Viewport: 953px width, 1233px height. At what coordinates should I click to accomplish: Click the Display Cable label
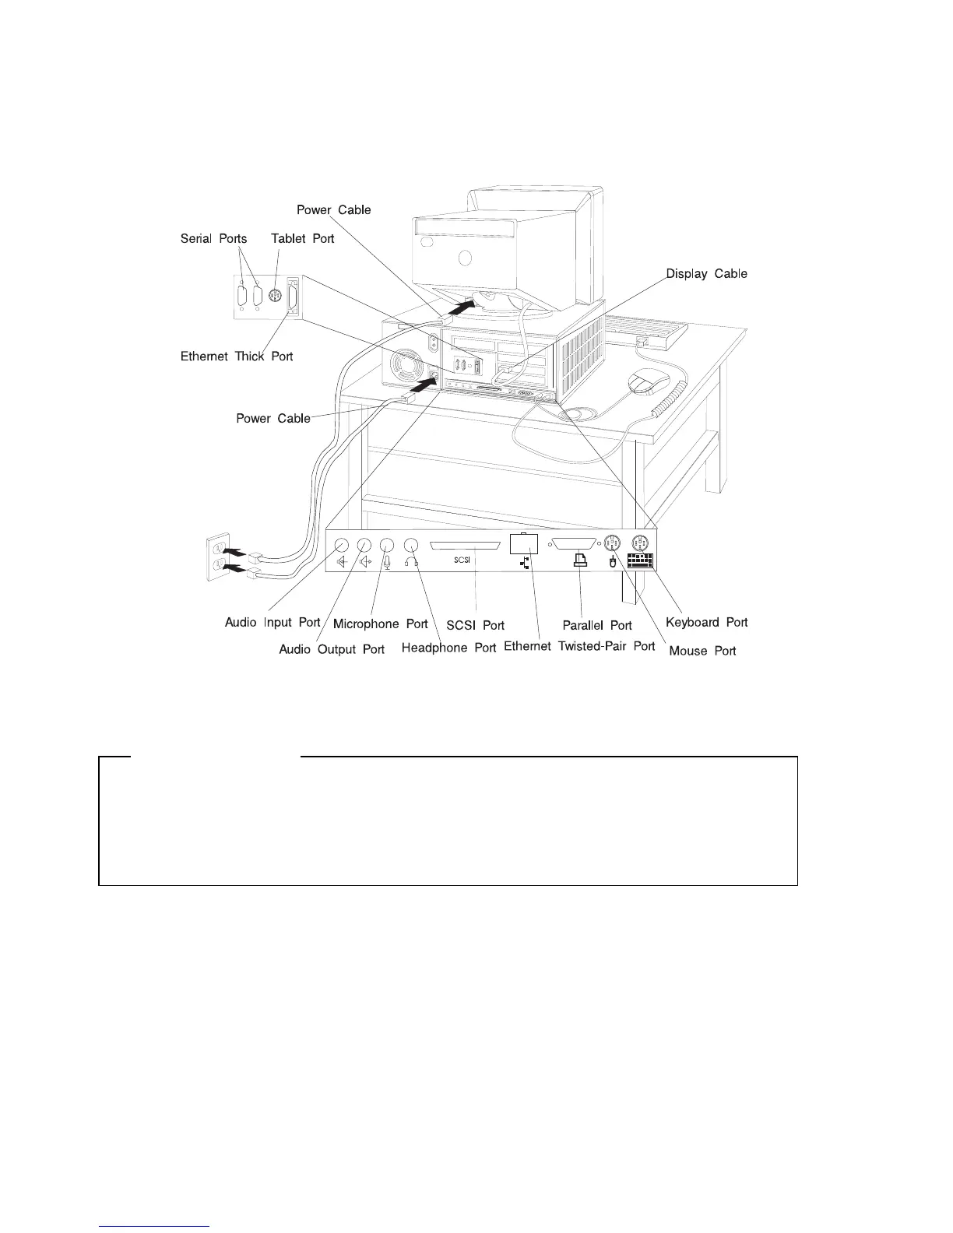coord(706,273)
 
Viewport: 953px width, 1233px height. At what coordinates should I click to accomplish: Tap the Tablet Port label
coord(302,238)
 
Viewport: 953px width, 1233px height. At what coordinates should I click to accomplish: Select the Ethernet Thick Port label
coord(237,356)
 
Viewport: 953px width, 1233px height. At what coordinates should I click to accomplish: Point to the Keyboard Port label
coord(706,622)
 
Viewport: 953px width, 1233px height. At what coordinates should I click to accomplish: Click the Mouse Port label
coord(702,650)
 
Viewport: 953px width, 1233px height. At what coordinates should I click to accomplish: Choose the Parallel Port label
coord(597,625)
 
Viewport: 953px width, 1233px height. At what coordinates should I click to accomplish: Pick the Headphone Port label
coord(448,648)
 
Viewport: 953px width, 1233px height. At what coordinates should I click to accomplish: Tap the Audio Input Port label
coord(273,622)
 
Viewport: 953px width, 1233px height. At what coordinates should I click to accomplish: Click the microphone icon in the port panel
coord(388,561)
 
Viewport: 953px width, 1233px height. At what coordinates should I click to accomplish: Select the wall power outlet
coord(219,558)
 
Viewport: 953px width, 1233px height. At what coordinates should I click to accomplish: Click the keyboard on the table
coord(645,330)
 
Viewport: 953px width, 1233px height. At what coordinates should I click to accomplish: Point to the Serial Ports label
coord(213,238)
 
